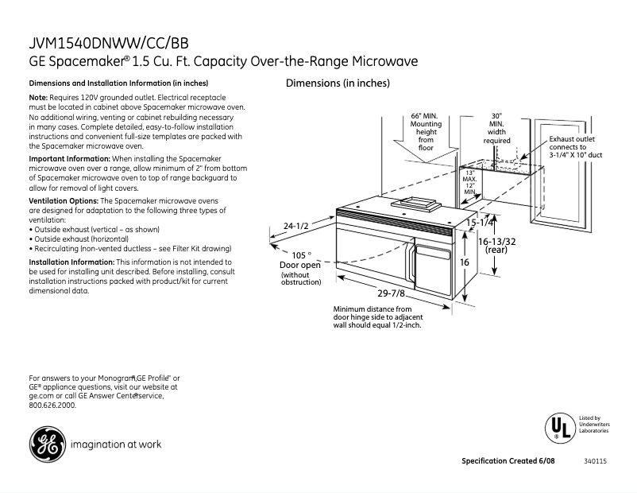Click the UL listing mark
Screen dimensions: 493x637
[x=558, y=428]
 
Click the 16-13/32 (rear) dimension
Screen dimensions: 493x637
[x=496, y=245]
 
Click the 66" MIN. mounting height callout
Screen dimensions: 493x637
[x=426, y=131]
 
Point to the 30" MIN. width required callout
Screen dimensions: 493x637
[x=497, y=128]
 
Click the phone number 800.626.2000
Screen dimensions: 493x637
[x=52, y=405]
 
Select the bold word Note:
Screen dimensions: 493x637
[x=39, y=97]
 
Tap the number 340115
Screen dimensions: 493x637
[x=595, y=462]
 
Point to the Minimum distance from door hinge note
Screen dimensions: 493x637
[x=378, y=316]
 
